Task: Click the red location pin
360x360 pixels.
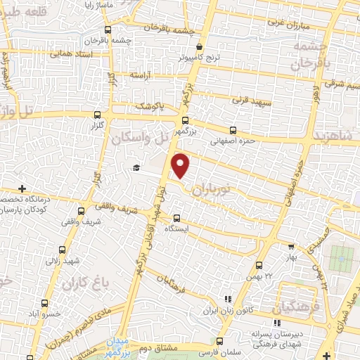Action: click(181, 165)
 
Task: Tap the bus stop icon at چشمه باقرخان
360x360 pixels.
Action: click(108, 30)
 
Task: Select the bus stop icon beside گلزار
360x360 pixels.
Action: click(97, 114)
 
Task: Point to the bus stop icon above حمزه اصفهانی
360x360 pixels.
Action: click(233, 130)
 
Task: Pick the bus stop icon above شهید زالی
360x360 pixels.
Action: click(63, 250)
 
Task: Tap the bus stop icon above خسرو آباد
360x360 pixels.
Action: click(45, 303)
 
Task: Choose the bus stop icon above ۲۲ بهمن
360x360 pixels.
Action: click(259, 265)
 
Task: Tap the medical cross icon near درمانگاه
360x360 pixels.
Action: click(22, 188)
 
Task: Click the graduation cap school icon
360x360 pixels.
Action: click(136, 168)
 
